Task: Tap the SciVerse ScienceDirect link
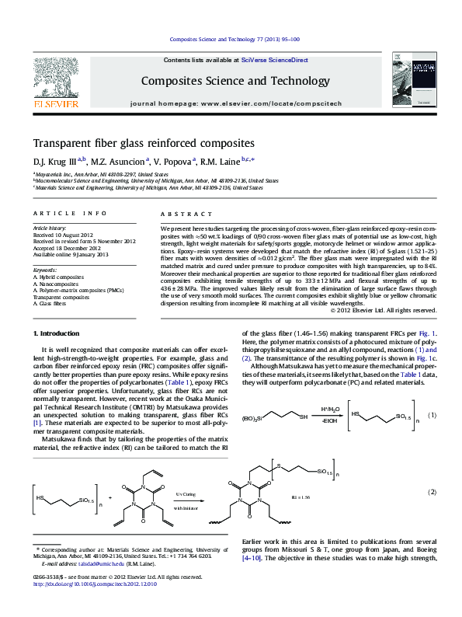pyautogui.click(x=274, y=60)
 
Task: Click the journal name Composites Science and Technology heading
pyautogui.click(x=235, y=81)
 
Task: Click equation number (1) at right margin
pyautogui.click(x=433, y=416)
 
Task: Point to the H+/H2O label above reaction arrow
pyautogui.click(x=331, y=409)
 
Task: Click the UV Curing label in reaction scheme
pyautogui.click(x=186, y=493)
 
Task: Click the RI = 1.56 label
pyautogui.click(x=302, y=495)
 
